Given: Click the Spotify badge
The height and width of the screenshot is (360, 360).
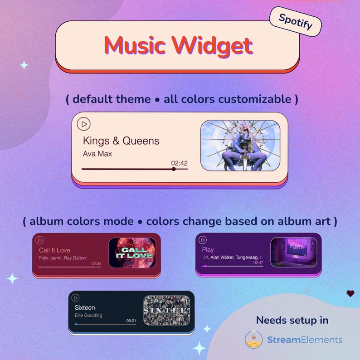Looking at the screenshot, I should point(295,21).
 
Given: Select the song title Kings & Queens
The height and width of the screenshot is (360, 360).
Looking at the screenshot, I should point(121,141).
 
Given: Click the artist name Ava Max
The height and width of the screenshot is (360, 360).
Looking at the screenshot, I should point(97,154).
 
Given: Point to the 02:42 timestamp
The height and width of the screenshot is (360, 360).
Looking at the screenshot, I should point(179,163).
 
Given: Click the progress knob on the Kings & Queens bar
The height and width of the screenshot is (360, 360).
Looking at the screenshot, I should point(174,169).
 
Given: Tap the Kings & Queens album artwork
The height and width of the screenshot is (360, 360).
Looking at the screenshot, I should point(240,145).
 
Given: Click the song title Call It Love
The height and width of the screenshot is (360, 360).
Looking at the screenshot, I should point(54,250).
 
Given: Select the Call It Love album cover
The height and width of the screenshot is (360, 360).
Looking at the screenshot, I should point(132,253).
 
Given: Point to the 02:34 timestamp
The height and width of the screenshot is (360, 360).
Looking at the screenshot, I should point(96,263).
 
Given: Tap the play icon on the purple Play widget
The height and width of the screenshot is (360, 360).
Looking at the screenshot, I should point(203,240).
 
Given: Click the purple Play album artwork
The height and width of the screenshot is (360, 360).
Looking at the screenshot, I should point(293,252).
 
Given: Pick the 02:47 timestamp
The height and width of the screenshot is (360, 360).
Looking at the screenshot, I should point(258,263).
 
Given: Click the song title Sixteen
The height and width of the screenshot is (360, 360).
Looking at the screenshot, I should point(85,307).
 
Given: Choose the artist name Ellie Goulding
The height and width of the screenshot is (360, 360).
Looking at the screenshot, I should point(88,315).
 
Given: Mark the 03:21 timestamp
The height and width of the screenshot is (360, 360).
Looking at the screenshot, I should point(131,321).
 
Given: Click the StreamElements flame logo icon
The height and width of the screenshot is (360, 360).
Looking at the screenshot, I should point(253,339).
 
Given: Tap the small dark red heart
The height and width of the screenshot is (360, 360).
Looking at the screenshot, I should point(350,293).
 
